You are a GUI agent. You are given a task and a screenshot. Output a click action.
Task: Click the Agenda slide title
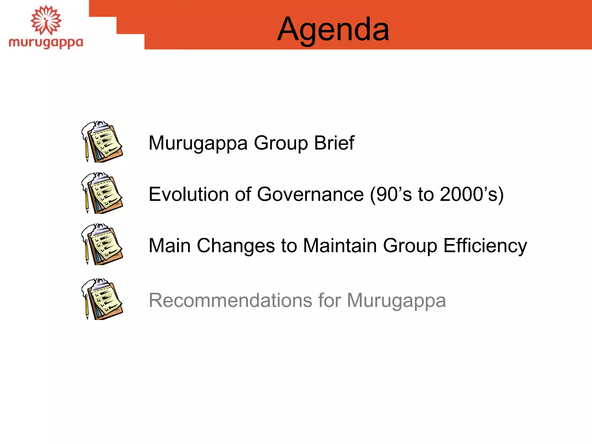[x=333, y=29]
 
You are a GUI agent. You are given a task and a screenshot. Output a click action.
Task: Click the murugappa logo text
[x=46, y=43]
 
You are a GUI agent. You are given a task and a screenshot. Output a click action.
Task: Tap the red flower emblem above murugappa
[x=46, y=20]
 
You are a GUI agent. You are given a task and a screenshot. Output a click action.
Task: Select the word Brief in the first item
[x=334, y=143]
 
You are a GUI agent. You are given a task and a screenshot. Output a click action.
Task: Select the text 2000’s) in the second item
[x=472, y=195]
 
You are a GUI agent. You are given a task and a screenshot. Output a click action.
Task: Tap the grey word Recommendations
[x=230, y=300]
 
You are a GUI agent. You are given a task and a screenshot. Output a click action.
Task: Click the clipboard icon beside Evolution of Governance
[x=102, y=193]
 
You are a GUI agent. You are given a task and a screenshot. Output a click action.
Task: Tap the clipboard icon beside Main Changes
[x=102, y=245]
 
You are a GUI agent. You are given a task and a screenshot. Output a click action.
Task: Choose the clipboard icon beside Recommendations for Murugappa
[x=102, y=299]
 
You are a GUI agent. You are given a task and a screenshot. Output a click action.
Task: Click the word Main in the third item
[x=169, y=246]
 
